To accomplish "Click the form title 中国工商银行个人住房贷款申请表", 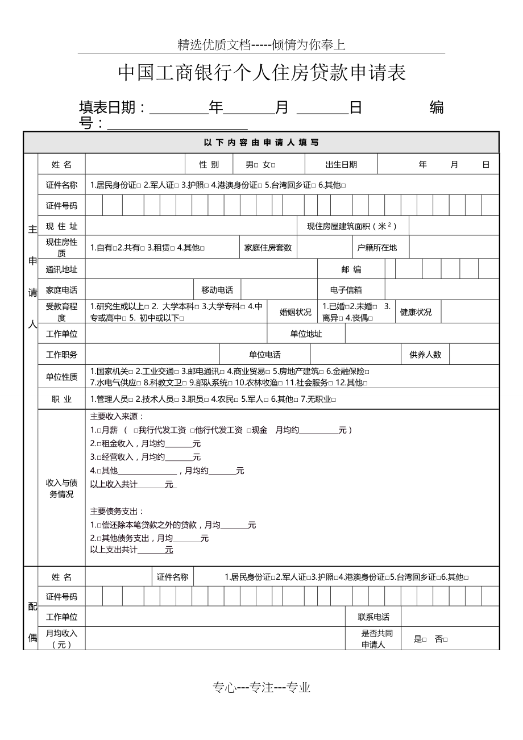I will point(261,73).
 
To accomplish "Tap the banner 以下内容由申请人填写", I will point(261,143).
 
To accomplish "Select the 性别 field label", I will point(209,165).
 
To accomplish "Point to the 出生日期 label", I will point(341,165).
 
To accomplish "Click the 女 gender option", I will point(268,165).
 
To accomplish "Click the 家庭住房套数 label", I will point(268,248).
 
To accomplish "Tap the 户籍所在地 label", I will point(377,248).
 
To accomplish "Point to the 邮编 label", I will point(351,269).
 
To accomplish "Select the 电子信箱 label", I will point(346,290).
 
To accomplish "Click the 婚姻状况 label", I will point(296,312).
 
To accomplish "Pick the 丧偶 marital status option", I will point(362,318).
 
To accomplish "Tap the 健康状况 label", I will point(416,312).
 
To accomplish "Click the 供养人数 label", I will point(425,355).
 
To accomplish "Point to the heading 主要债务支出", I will point(117,511).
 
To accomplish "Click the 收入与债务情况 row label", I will point(61,488).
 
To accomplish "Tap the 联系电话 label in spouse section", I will point(373,617).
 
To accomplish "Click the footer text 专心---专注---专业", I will point(261,688).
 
